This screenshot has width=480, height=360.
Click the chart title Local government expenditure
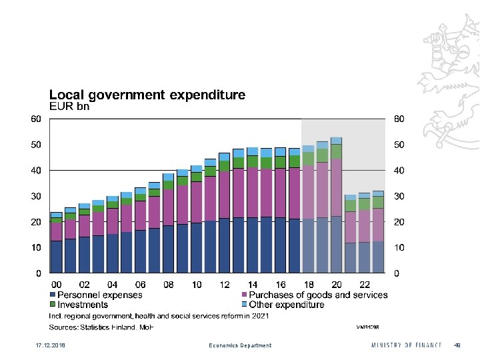click(147, 95)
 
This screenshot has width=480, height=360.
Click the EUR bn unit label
click(69, 105)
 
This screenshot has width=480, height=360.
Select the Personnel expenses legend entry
click(99, 295)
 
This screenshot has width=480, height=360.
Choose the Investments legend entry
click(83, 305)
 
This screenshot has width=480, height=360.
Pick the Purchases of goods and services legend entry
click(318, 295)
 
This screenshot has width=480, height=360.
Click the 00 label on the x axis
click(57, 285)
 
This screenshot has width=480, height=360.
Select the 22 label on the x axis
click(364, 285)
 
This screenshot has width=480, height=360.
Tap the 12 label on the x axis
click(225, 285)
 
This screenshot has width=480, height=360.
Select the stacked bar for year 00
click(57, 243)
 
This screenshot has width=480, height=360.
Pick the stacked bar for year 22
click(364, 233)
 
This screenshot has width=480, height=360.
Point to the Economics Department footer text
click(240, 345)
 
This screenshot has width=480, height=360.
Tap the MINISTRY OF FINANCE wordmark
click(406, 345)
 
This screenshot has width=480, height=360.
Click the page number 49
click(457, 345)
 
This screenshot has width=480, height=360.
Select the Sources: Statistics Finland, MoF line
click(101, 327)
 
